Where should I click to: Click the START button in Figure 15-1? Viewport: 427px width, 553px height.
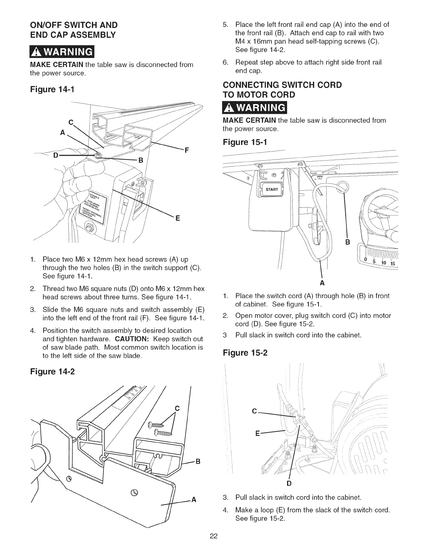272,190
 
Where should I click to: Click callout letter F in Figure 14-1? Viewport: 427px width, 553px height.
187,151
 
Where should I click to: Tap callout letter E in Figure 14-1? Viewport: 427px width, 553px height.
177,219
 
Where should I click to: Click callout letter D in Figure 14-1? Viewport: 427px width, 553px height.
55,155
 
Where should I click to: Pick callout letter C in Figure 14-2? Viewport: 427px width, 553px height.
177,408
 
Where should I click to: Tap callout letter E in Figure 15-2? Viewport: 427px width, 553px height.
258,434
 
